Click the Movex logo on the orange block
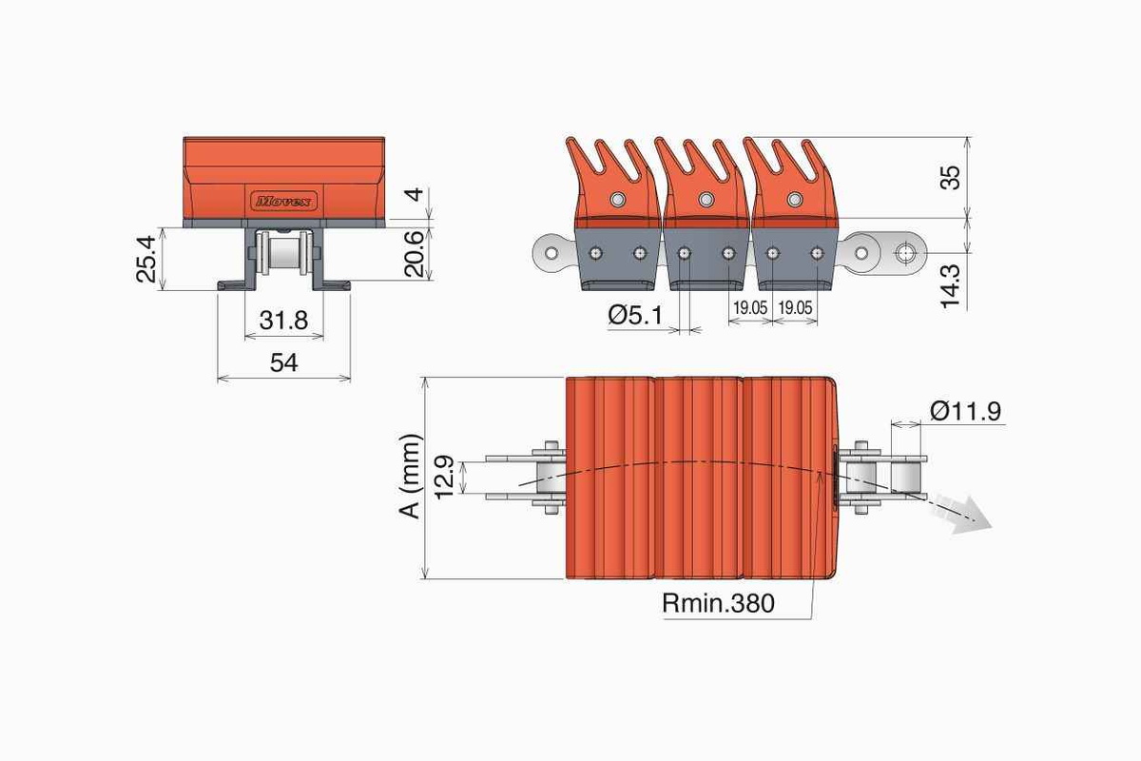click(283, 201)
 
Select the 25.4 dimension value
click(146, 259)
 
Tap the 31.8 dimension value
click(283, 321)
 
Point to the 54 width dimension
click(283, 363)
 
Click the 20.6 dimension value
click(415, 254)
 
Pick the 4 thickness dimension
click(416, 194)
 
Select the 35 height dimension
click(950, 177)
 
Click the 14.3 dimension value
click(950, 286)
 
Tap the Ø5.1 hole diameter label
click(635, 316)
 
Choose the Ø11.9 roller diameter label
click(966, 411)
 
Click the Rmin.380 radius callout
click(718, 603)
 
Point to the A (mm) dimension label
click(410, 477)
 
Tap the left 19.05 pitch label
click(750, 308)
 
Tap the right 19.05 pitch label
click(795, 308)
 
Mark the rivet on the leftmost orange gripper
click(617, 199)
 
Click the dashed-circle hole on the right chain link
click(905, 253)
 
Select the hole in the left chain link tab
click(551, 253)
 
